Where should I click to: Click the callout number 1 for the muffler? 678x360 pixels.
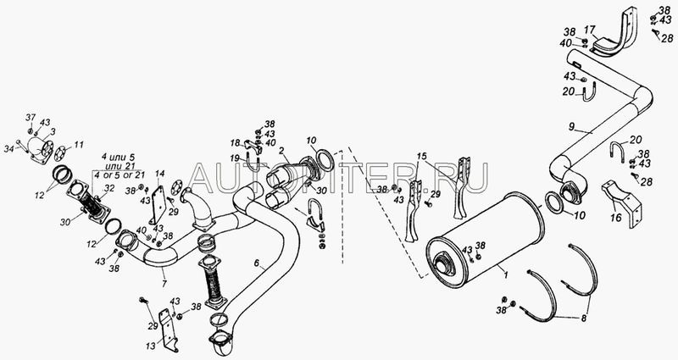coord(505,273)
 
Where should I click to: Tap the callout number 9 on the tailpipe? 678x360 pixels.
coord(572,127)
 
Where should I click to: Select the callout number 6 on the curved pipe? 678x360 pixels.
coord(257,263)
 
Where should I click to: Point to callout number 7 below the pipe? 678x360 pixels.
coord(164,284)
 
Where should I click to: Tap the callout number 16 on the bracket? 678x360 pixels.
coord(616,218)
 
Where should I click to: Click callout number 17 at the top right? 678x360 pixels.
coord(590,30)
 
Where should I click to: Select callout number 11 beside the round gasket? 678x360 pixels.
coord(79,144)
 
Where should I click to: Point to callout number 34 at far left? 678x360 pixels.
coord(8,149)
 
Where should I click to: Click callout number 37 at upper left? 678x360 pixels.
coord(31,117)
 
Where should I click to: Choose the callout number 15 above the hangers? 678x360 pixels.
coord(421,156)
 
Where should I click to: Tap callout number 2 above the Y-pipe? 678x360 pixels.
coord(281,151)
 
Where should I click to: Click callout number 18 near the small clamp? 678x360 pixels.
coord(236,142)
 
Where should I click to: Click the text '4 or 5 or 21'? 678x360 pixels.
coord(115,175)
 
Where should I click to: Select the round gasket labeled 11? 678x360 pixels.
coord(62,152)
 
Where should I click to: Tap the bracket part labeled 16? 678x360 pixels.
coord(622,203)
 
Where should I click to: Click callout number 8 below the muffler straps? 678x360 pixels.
coord(583,318)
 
